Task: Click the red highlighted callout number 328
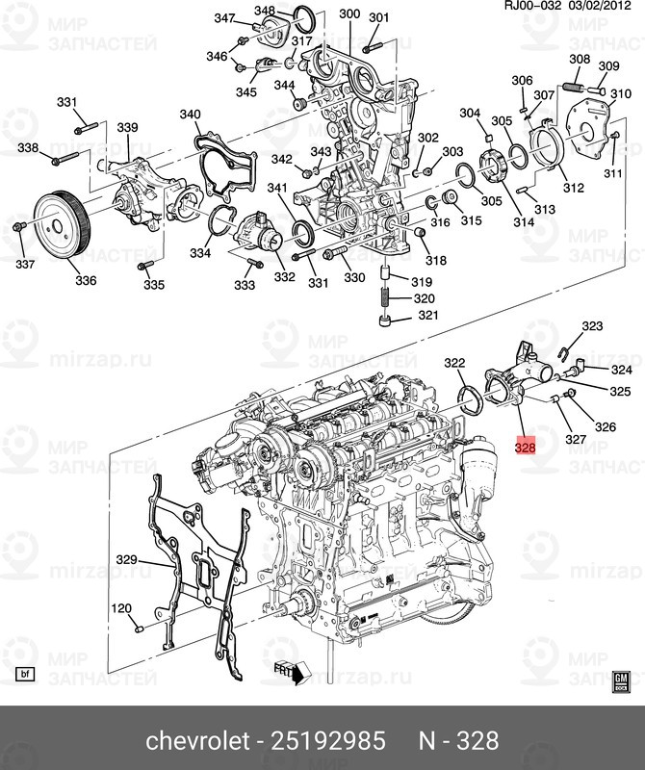pos(525,447)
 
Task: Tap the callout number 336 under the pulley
pos(86,281)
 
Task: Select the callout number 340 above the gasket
pos(190,115)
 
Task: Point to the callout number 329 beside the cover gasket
pos(127,560)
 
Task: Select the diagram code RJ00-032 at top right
pos(530,8)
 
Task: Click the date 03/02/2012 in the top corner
pos(603,8)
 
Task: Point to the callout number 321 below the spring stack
pos(426,316)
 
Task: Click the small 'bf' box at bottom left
pos(25,671)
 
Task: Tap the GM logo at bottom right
pos(622,679)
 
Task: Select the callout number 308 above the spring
pos(579,60)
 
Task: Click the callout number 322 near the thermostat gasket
pos(454,363)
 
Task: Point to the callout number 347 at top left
pos(224,18)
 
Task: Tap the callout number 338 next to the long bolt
pos(28,147)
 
